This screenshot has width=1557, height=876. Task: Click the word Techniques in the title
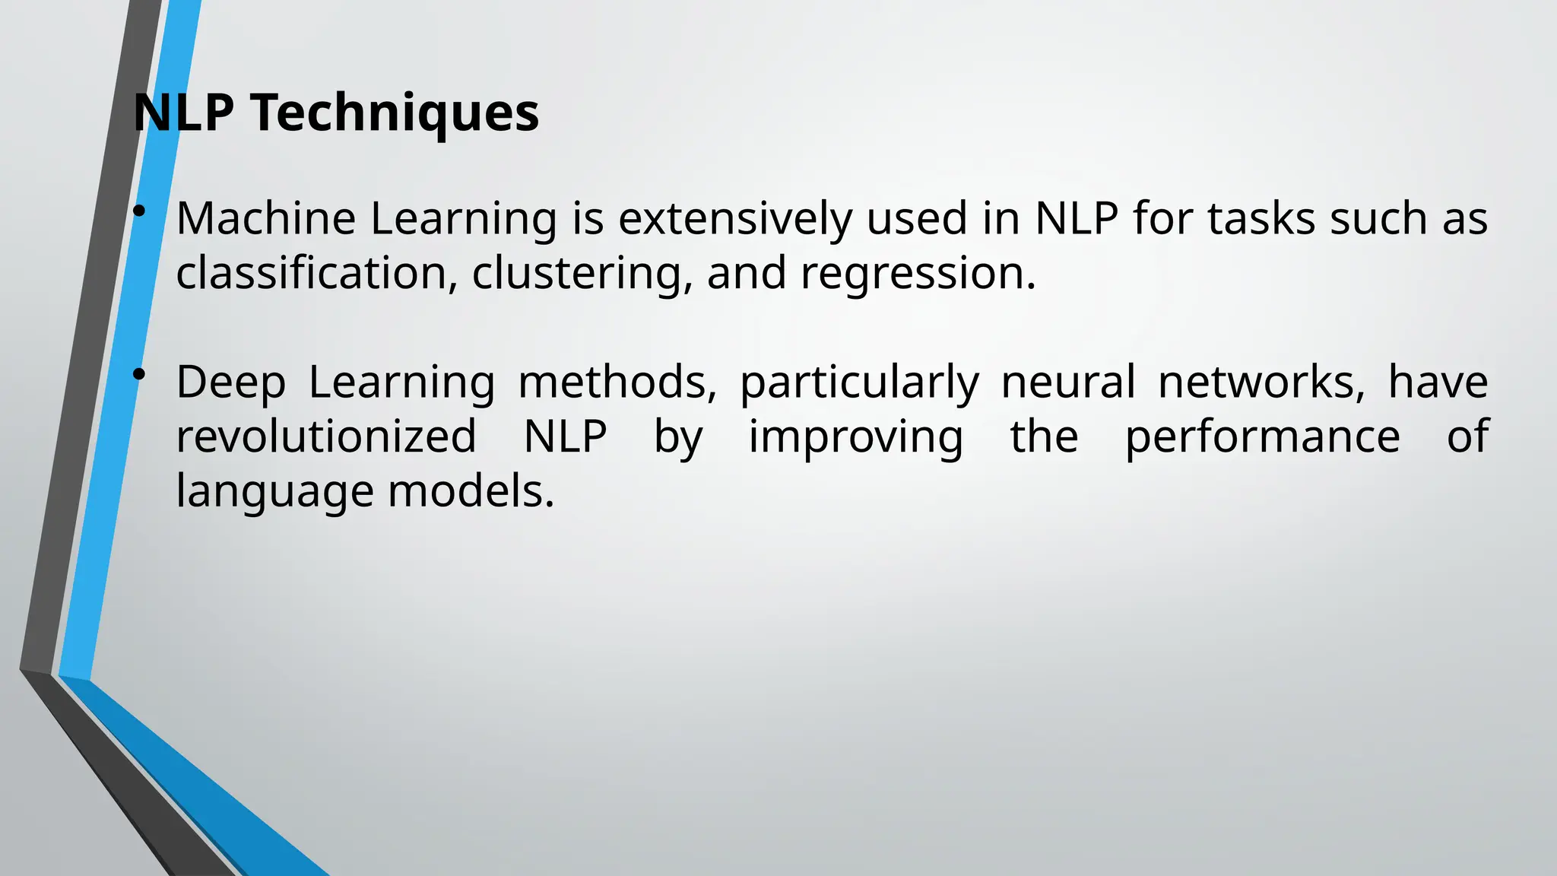pos(395,113)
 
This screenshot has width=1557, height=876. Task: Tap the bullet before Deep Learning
pos(138,374)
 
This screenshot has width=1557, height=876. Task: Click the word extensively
pos(735,219)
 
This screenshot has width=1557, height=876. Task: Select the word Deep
pos(230,382)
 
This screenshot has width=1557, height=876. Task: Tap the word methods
pos(617,382)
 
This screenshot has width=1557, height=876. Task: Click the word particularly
pos(859,382)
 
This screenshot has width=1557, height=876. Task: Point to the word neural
pos(1067,382)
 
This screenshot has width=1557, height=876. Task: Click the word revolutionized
pos(326,436)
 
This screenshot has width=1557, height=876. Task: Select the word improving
pos(856,436)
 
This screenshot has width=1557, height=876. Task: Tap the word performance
pos(1262,436)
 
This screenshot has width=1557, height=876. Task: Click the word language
pos(274,491)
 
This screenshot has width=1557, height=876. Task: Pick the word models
pos(471,491)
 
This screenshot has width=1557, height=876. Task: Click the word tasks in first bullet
pos(1261,219)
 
